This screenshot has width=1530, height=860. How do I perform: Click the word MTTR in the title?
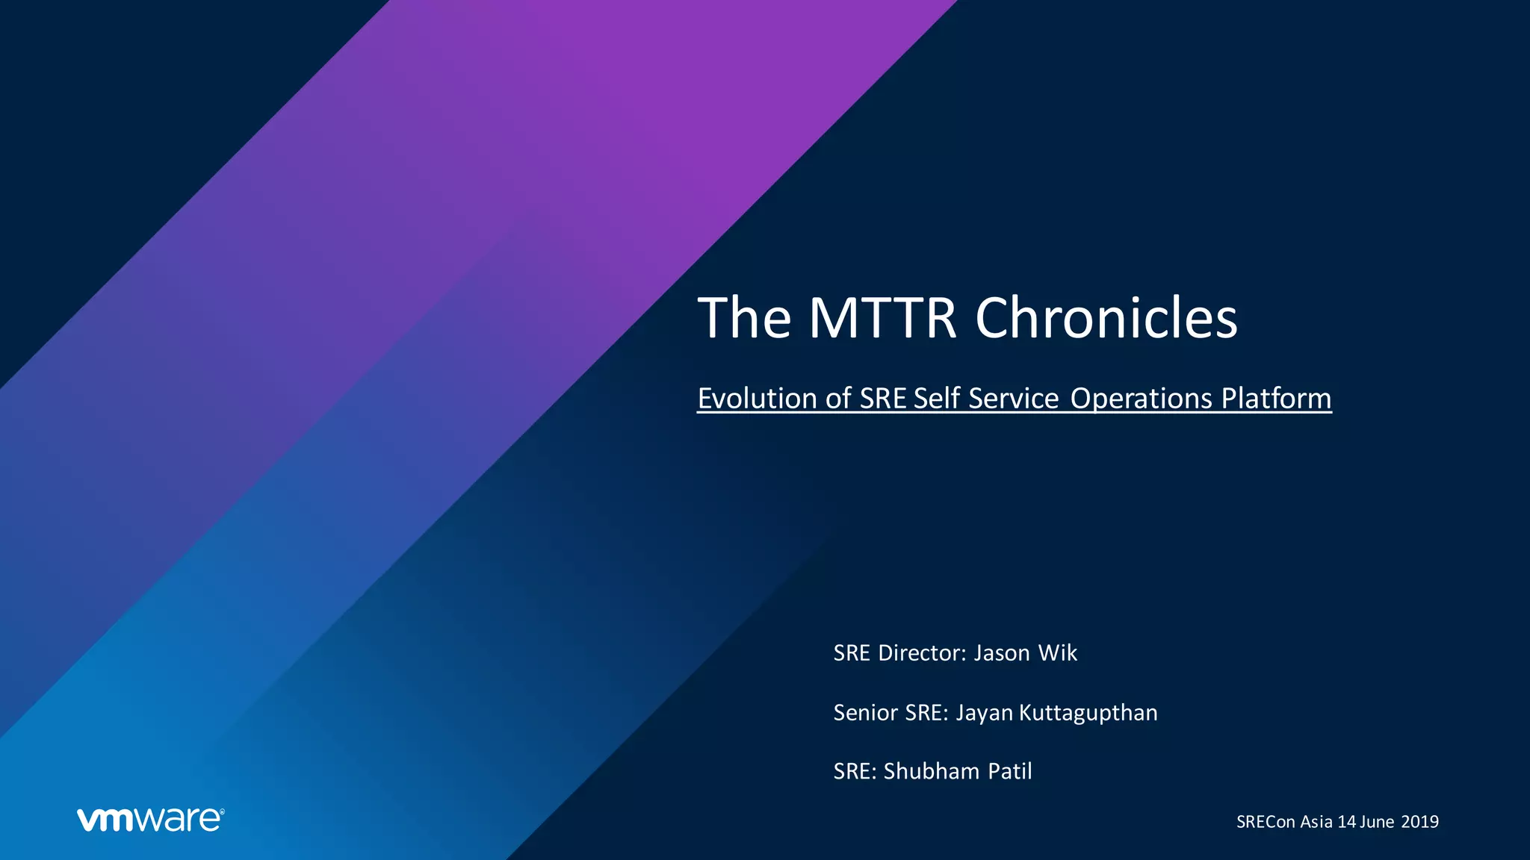(x=882, y=318)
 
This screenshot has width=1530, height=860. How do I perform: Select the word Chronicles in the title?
(x=1106, y=318)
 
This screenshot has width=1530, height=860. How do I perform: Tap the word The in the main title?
(x=744, y=318)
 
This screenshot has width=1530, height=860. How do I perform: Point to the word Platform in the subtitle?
(x=1276, y=398)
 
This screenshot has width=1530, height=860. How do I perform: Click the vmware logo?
(x=150, y=819)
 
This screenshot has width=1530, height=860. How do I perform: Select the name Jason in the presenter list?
(x=1002, y=653)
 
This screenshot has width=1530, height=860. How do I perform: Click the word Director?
(x=923, y=653)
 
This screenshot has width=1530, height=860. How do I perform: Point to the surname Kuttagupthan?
(x=1088, y=713)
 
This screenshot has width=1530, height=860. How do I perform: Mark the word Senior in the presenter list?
(x=865, y=713)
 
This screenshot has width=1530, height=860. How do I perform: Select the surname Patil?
(x=1010, y=771)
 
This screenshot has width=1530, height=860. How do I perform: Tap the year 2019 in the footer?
(x=1419, y=822)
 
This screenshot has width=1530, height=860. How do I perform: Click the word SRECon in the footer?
(x=1266, y=822)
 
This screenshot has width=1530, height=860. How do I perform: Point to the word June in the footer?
(x=1377, y=822)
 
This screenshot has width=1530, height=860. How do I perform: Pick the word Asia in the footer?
(x=1316, y=822)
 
